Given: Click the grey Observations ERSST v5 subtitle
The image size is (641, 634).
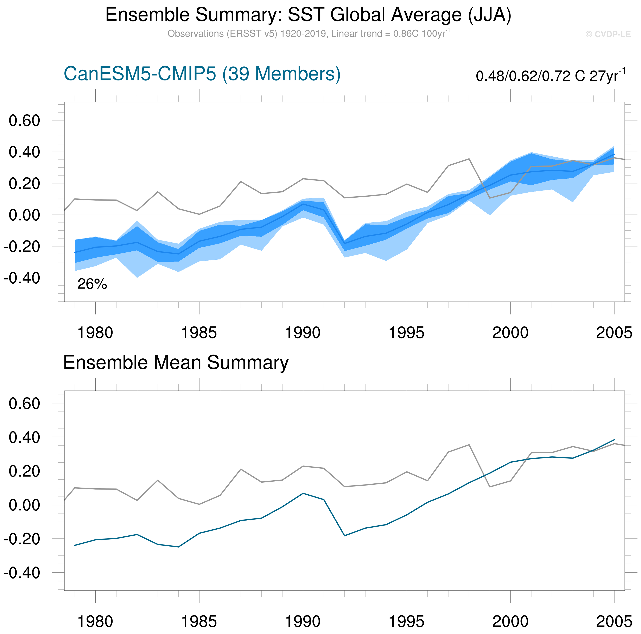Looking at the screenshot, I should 308,34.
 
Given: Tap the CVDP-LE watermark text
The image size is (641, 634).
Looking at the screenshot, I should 608,34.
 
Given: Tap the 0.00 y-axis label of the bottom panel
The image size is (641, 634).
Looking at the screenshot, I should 24,505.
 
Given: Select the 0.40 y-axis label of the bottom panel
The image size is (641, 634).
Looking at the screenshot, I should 24,437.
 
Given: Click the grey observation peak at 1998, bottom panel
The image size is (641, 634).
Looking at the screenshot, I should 469,445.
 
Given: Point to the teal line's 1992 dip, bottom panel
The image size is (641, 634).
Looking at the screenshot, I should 344,536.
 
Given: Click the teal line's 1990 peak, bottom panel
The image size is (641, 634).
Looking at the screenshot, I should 303,493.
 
